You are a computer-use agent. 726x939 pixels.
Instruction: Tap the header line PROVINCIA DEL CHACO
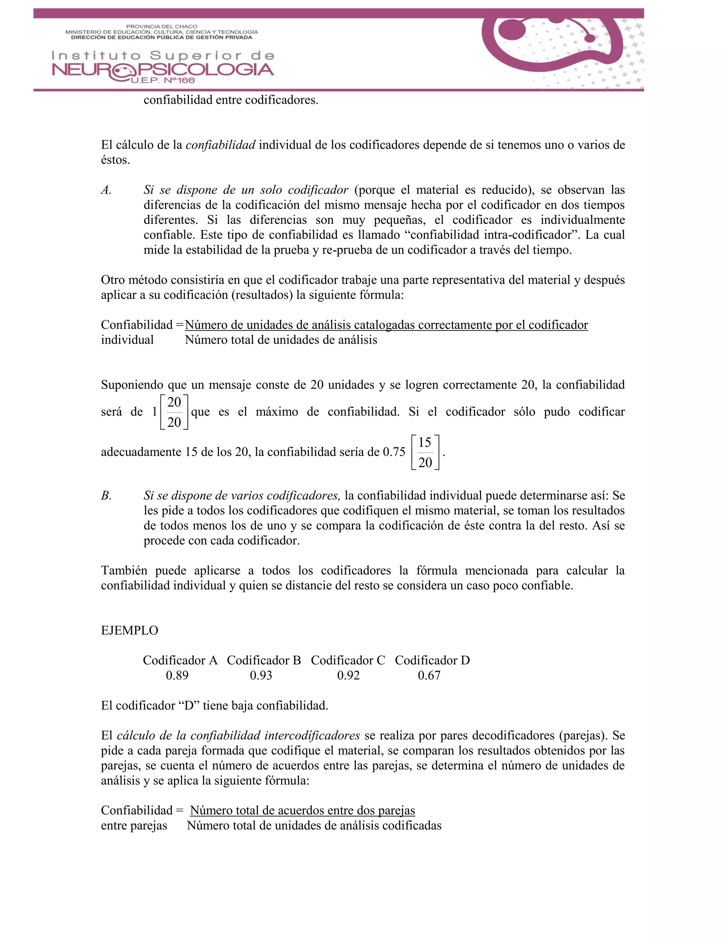point(161,27)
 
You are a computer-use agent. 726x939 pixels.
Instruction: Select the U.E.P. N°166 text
point(163,80)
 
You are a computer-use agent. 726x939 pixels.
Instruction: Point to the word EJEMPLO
point(129,630)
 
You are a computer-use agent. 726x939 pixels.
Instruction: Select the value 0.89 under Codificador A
point(177,675)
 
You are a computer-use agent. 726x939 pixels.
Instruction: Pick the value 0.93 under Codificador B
point(261,675)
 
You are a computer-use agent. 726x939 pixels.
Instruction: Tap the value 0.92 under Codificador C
point(348,675)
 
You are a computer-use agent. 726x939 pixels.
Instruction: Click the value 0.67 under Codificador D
point(429,675)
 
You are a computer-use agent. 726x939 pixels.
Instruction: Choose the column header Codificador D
point(432,660)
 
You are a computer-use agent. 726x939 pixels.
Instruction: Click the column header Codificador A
point(180,660)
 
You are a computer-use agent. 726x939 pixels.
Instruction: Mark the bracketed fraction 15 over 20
point(425,452)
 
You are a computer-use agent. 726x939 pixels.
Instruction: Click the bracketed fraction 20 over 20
point(174,412)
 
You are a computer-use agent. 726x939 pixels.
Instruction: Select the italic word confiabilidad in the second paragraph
point(220,145)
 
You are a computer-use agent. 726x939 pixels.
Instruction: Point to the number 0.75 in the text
point(394,452)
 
